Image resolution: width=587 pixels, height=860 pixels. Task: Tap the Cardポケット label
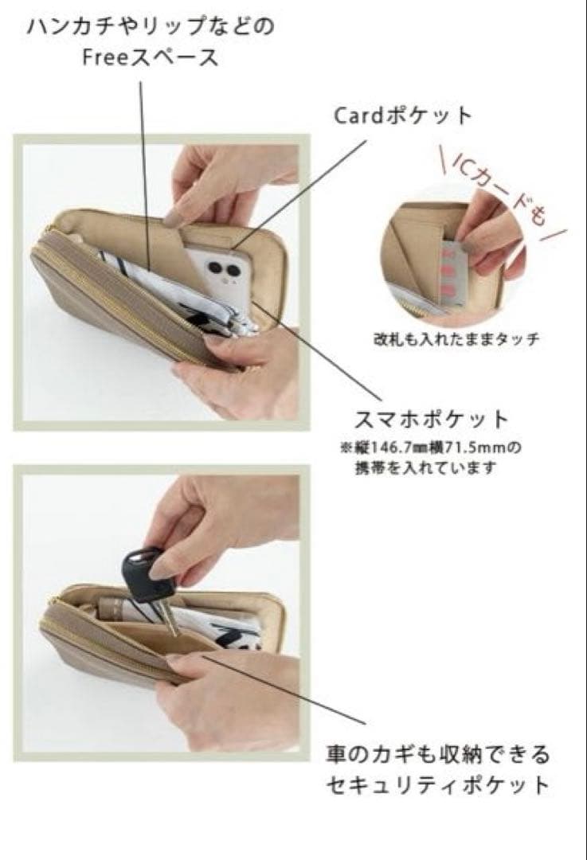coord(403,115)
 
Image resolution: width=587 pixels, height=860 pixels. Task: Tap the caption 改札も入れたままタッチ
coord(456,339)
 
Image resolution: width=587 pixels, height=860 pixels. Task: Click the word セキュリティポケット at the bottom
coord(437,784)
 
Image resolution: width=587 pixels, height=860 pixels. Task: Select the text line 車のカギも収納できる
coord(437,755)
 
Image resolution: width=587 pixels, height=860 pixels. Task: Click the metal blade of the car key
coord(170,616)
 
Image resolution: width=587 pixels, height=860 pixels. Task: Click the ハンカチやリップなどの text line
coord(151,27)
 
